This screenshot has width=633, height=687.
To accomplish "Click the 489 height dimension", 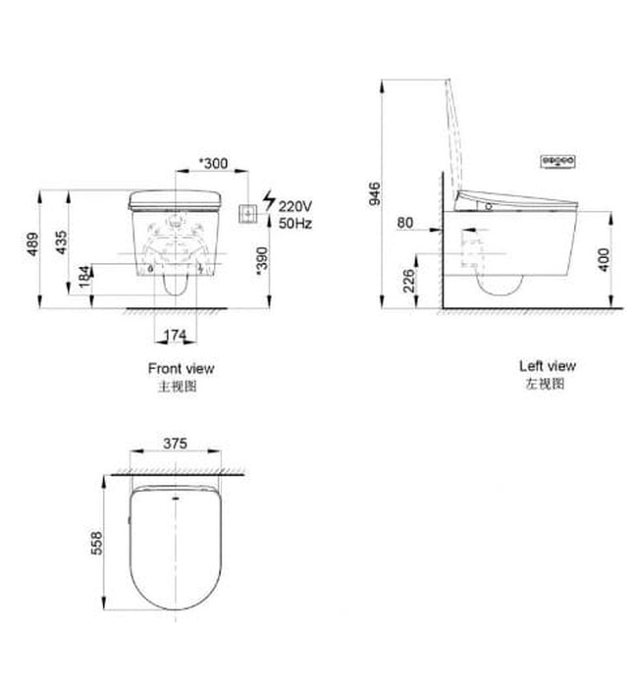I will (x=31, y=244).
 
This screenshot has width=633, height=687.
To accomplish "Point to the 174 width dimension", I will (x=174, y=336).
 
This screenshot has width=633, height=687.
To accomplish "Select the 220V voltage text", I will (x=294, y=207).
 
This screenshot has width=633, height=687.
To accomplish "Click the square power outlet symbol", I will (x=249, y=211).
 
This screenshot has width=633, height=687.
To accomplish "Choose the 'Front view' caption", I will (x=181, y=369).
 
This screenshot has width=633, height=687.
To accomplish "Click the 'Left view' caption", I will (x=548, y=366).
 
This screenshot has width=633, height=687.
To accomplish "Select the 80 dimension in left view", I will (x=405, y=223).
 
